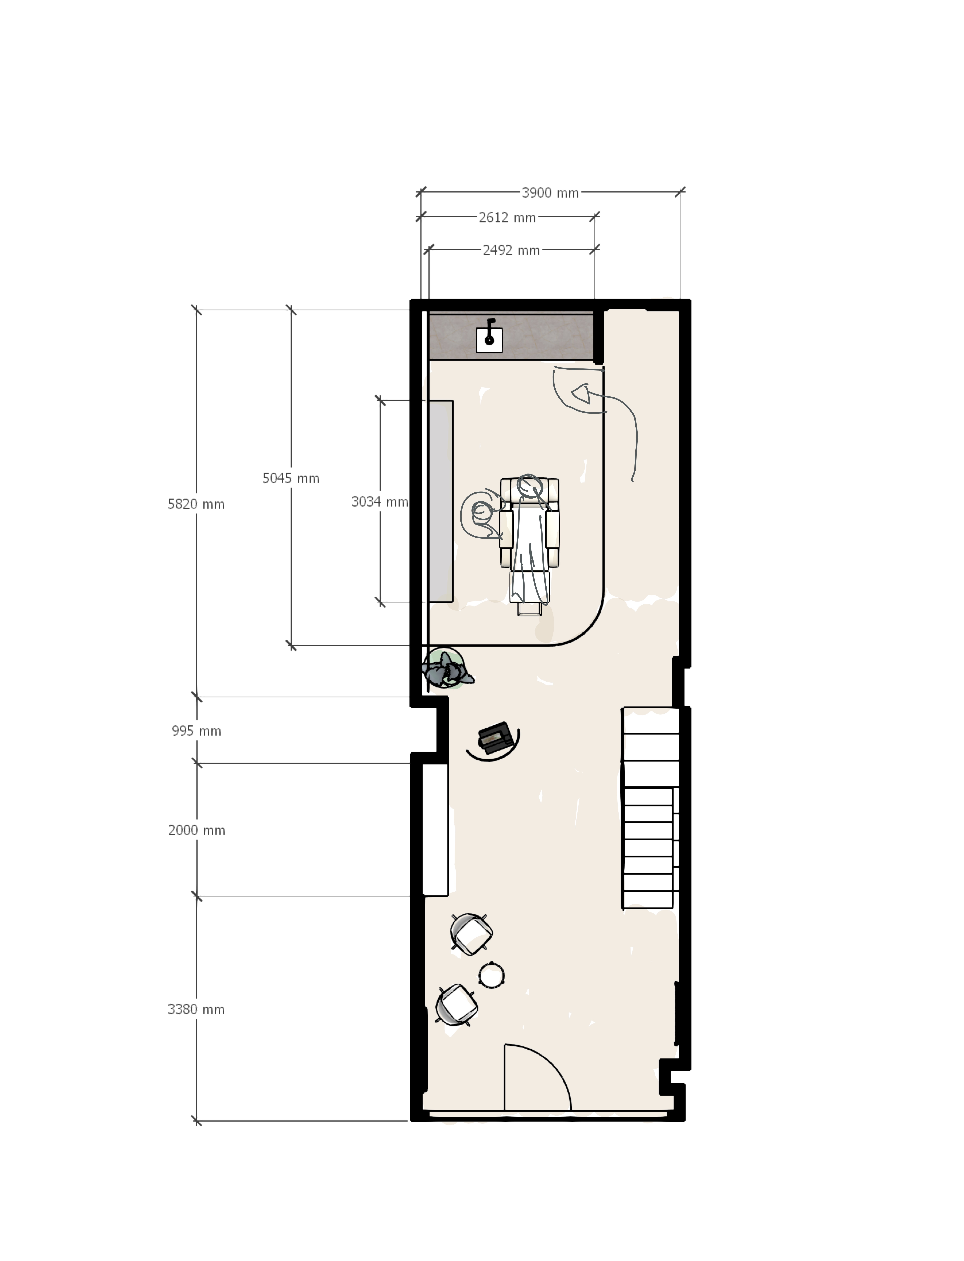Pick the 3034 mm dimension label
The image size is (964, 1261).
pyautogui.click(x=379, y=502)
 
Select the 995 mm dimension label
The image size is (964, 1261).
pyautogui.click(x=196, y=731)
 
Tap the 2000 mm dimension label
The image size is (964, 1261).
pyautogui.click(x=196, y=830)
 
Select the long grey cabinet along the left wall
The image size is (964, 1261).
pyautogui.click(x=441, y=501)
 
